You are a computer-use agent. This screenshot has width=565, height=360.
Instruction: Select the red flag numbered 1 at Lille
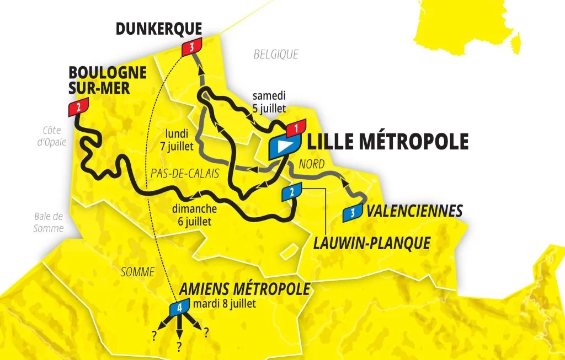(296, 128)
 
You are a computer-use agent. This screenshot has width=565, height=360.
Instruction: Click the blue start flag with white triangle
(284, 146)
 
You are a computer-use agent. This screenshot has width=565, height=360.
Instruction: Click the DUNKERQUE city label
(159, 29)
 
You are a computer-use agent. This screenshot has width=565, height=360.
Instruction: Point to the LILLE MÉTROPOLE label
(387, 142)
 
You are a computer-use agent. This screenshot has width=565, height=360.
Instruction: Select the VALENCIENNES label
(414, 211)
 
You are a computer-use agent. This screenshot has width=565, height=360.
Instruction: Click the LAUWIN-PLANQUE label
(371, 243)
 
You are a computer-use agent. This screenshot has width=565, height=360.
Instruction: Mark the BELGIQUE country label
(276, 54)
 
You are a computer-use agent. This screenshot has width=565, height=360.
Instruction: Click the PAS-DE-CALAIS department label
(184, 173)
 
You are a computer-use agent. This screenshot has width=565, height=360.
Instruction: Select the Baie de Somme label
(49, 222)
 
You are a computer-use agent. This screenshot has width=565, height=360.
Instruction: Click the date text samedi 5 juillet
(269, 101)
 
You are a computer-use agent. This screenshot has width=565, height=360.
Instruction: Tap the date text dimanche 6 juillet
(194, 215)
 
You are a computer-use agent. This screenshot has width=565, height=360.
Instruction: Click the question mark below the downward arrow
(179, 346)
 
